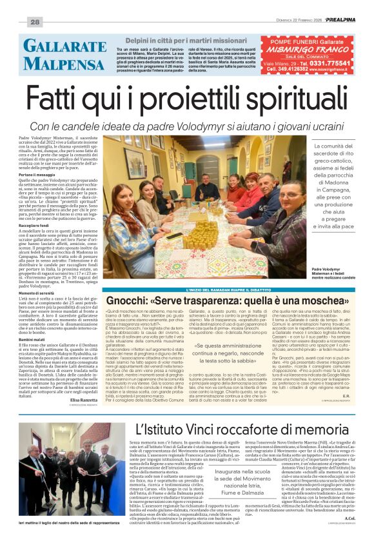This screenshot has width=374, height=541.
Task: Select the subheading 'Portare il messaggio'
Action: click(x=36, y=174)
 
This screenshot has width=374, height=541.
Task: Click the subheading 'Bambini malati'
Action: click(x=32, y=339)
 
